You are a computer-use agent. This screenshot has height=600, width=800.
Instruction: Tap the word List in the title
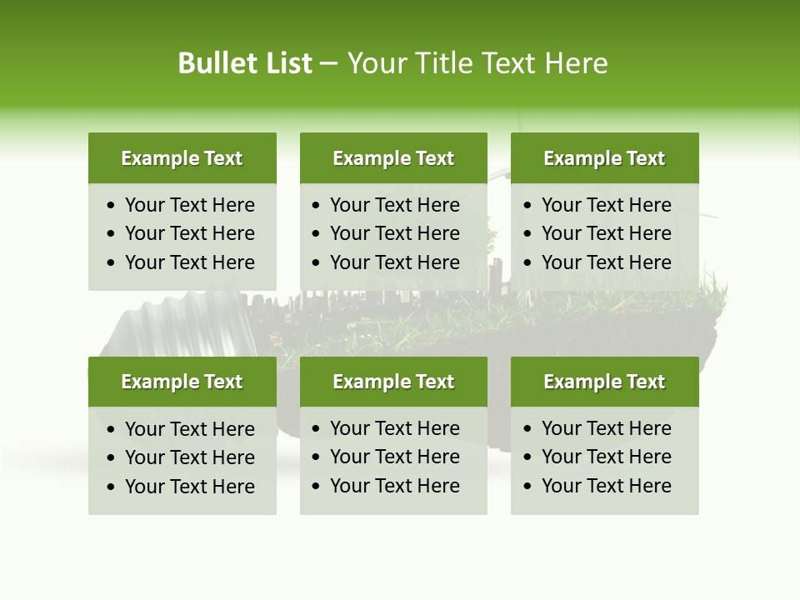click(285, 63)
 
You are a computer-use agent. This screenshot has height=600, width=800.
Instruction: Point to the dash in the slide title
click(329, 64)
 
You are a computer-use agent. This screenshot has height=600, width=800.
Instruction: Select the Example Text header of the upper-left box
click(182, 158)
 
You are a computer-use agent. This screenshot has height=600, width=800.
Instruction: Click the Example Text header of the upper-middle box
click(393, 158)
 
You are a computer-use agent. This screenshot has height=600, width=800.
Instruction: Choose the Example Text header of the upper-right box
click(604, 158)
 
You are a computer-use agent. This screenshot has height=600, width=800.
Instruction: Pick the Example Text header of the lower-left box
click(182, 382)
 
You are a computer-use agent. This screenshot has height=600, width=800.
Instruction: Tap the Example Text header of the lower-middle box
click(393, 382)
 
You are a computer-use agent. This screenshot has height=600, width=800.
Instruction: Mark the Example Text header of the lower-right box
click(604, 382)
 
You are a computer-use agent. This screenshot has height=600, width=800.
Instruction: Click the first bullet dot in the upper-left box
click(112, 206)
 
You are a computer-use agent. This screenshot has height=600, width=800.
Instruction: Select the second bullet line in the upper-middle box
click(394, 233)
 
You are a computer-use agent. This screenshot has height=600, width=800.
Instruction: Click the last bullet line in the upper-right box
click(606, 262)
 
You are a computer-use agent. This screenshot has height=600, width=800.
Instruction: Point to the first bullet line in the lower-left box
click(189, 429)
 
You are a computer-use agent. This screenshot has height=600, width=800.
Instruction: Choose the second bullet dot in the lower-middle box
click(317, 457)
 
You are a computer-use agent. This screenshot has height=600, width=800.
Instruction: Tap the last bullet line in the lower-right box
click(606, 486)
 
